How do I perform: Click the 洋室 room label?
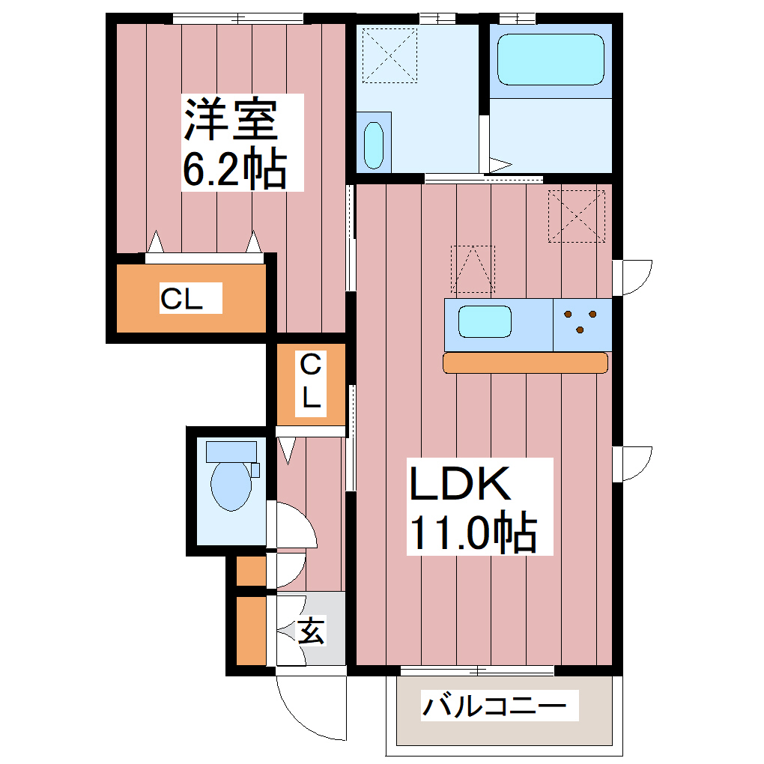click(231, 120)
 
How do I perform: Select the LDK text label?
click(458, 484)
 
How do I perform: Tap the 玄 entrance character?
click(312, 631)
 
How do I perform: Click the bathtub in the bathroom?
click(551, 59)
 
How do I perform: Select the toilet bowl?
click(229, 485)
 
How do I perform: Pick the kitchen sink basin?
click(485, 323)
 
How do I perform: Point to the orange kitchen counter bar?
click(525, 363)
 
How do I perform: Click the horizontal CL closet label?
click(182, 300)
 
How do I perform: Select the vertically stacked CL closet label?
click(310, 382)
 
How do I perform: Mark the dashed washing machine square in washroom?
click(389, 55)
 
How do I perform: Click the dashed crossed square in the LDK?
click(577, 216)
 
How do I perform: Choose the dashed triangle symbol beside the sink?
click(473, 269)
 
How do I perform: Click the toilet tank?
click(231, 451)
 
